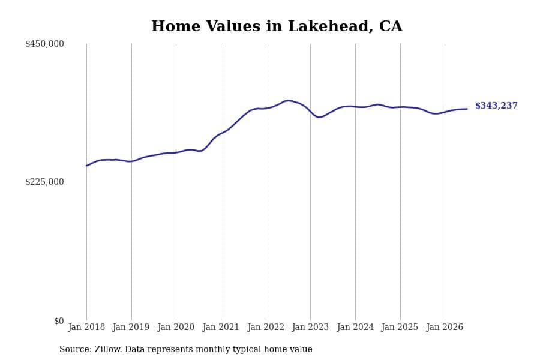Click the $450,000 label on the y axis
pos(44,44)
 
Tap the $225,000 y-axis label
pos(44,182)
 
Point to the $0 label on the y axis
pos(59,321)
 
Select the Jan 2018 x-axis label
pos(86,327)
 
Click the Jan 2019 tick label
pos(131,327)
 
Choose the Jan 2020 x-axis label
pos(176,327)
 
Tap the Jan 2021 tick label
pos(221,327)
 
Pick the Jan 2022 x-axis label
pos(266,327)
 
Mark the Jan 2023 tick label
pos(310,327)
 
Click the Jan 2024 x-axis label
pos(355,327)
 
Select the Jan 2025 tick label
pos(400,327)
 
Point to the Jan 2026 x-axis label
pos(445,327)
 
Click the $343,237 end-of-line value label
pos(496,106)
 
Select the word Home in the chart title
pos(176,26)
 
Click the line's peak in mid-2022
pos(289,101)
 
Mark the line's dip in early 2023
pos(319,117)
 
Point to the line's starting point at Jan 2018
pos(86,166)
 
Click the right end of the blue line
pos(467,109)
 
